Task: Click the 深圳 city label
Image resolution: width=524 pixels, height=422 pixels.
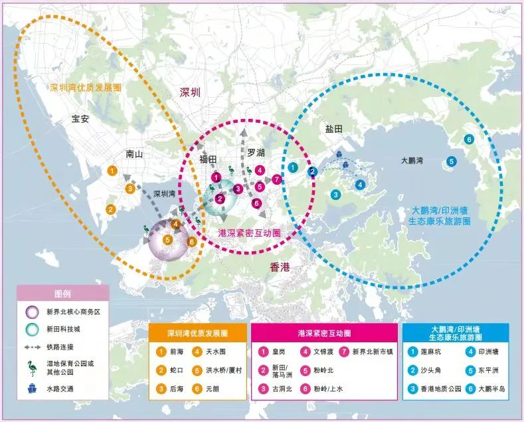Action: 190,93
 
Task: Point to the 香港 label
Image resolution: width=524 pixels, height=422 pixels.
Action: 280,266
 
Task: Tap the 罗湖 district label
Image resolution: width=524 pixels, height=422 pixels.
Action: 256,153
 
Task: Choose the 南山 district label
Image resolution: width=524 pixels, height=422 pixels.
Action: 134,154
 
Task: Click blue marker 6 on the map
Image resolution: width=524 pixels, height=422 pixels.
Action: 469,139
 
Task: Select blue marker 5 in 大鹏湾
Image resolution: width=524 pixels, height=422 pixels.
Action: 452,160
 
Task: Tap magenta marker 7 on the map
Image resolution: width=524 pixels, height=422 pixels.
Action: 277,179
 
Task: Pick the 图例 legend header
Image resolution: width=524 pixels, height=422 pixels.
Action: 62,293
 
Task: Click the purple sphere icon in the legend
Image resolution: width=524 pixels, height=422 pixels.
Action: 31,311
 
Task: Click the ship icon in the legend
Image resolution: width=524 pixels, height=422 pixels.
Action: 31,388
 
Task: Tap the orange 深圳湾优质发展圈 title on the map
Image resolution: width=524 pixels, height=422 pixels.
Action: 86,87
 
